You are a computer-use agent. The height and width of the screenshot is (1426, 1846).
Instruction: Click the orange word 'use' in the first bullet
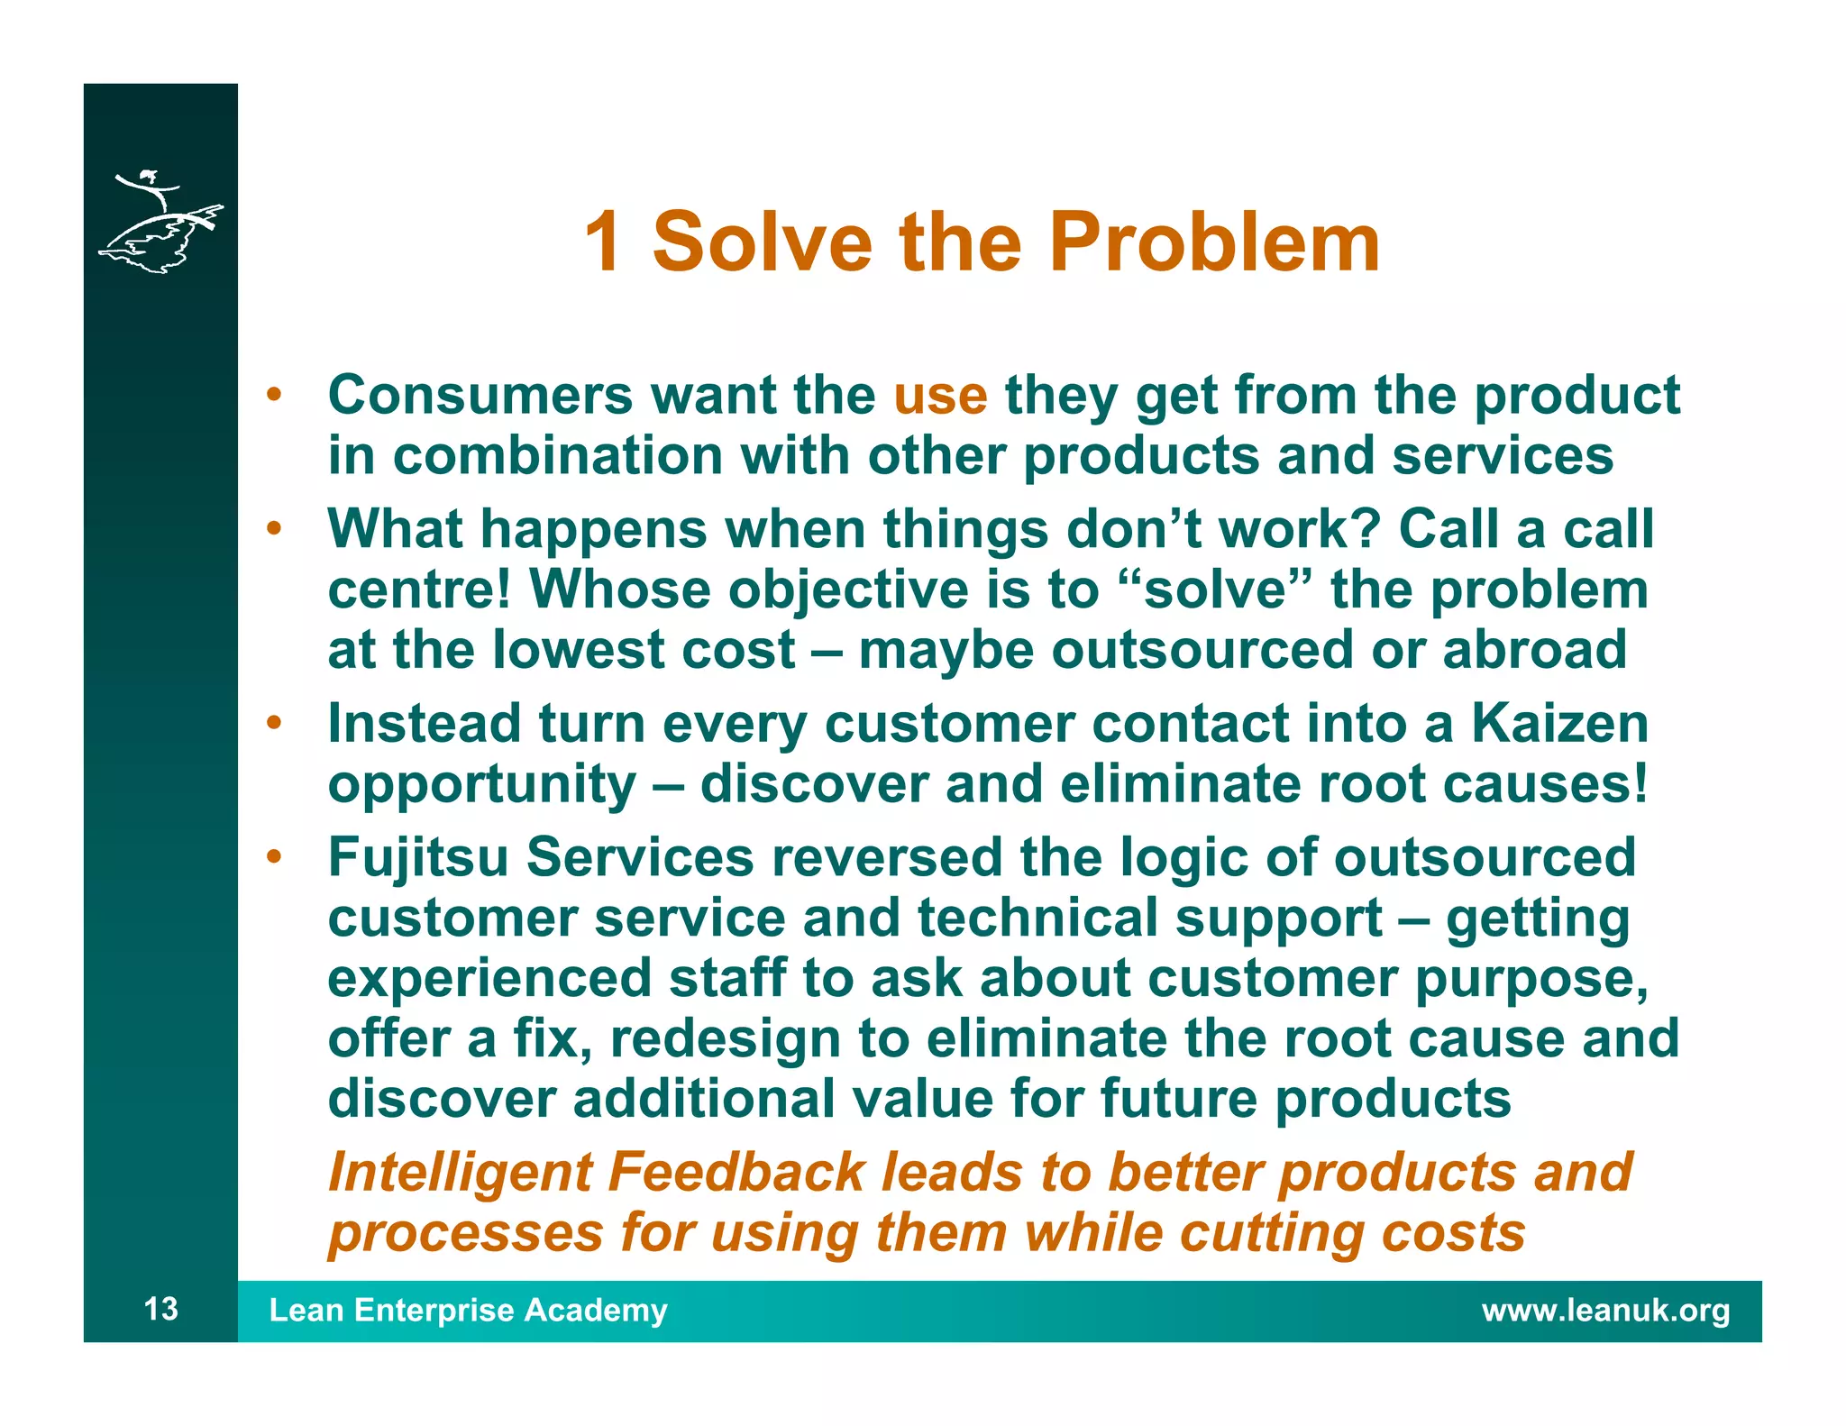[x=940, y=397]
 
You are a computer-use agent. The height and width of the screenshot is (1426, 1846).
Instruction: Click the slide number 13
[x=161, y=1309]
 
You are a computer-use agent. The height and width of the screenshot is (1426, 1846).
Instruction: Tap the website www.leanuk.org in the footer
[x=1605, y=1310]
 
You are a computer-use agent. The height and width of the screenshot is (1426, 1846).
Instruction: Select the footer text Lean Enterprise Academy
[x=468, y=1310]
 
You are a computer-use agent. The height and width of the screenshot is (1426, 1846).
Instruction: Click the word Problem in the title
[x=1214, y=242]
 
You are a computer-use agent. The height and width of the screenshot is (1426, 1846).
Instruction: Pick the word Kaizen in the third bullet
[x=1559, y=724]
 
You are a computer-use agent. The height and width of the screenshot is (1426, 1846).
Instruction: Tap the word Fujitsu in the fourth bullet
[x=418, y=857]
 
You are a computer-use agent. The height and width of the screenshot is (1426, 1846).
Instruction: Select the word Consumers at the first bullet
[x=480, y=395]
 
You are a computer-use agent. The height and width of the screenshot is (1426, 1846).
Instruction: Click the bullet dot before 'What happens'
[x=274, y=528]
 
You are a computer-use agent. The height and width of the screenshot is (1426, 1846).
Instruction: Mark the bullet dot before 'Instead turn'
[x=274, y=723]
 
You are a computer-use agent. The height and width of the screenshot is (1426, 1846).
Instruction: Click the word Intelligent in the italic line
[x=460, y=1173]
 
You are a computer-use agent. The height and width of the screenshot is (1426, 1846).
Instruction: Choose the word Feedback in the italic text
[x=736, y=1173]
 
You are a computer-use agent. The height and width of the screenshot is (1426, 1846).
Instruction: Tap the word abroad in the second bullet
[x=1534, y=650]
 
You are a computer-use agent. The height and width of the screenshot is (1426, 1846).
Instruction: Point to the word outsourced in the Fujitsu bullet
[x=1485, y=857]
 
